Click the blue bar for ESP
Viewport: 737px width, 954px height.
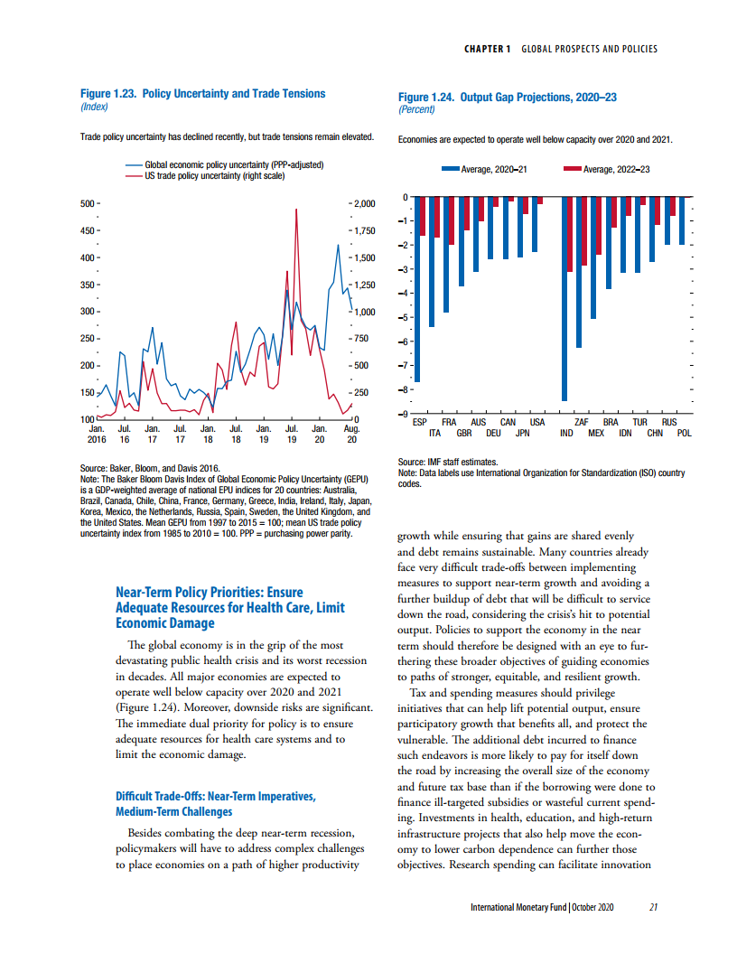coord(417,289)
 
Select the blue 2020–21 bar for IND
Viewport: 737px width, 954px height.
coord(564,299)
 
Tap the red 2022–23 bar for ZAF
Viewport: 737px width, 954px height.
coord(584,231)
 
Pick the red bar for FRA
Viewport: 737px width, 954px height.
coord(452,220)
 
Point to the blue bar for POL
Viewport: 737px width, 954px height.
coord(682,220)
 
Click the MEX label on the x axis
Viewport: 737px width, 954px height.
coord(596,434)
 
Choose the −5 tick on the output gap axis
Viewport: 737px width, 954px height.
coord(402,317)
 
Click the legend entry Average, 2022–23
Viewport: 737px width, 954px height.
coord(606,169)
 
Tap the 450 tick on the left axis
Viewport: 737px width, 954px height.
coord(88,230)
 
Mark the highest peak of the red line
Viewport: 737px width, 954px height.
coord(296,210)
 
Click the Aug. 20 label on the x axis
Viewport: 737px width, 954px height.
coord(351,434)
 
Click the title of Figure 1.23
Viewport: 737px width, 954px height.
coord(202,94)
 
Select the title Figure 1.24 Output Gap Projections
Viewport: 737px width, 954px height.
coord(508,98)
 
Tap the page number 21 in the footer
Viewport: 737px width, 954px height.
coord(653,907)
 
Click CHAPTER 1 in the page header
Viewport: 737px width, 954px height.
coord(487,49)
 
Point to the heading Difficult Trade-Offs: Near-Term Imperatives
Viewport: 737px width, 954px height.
coord(216,797)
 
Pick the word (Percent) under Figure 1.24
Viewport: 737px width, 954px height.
coord(416,109)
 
